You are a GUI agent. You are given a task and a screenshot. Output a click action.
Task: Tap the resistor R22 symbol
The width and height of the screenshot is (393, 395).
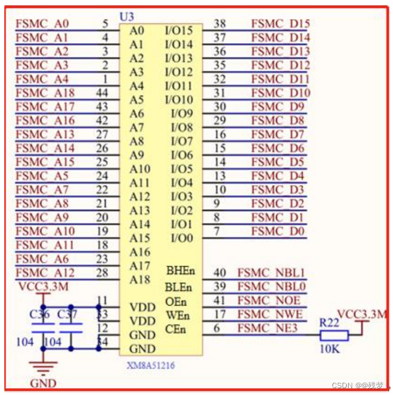click(333, 336)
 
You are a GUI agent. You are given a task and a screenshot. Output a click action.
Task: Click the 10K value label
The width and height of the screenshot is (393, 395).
click(330, 349)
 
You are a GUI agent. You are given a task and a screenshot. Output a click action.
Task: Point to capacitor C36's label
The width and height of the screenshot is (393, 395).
click(39, 315)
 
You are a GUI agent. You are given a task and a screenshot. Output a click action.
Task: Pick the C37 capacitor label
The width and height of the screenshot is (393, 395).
click(68, 315)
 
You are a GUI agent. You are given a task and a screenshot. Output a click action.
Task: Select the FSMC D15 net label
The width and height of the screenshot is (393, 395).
click(280, 24)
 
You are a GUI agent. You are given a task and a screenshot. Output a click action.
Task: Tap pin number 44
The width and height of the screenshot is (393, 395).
click(102, 93)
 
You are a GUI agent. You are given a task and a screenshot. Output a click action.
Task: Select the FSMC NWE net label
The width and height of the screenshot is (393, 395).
click(270, 314)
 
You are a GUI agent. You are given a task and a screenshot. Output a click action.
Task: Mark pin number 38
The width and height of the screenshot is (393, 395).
click(220, 23)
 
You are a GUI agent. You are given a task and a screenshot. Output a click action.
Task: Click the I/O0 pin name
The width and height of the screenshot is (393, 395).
click(181, 238)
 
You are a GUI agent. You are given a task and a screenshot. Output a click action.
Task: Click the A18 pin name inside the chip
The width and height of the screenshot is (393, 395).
click(139, 280)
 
